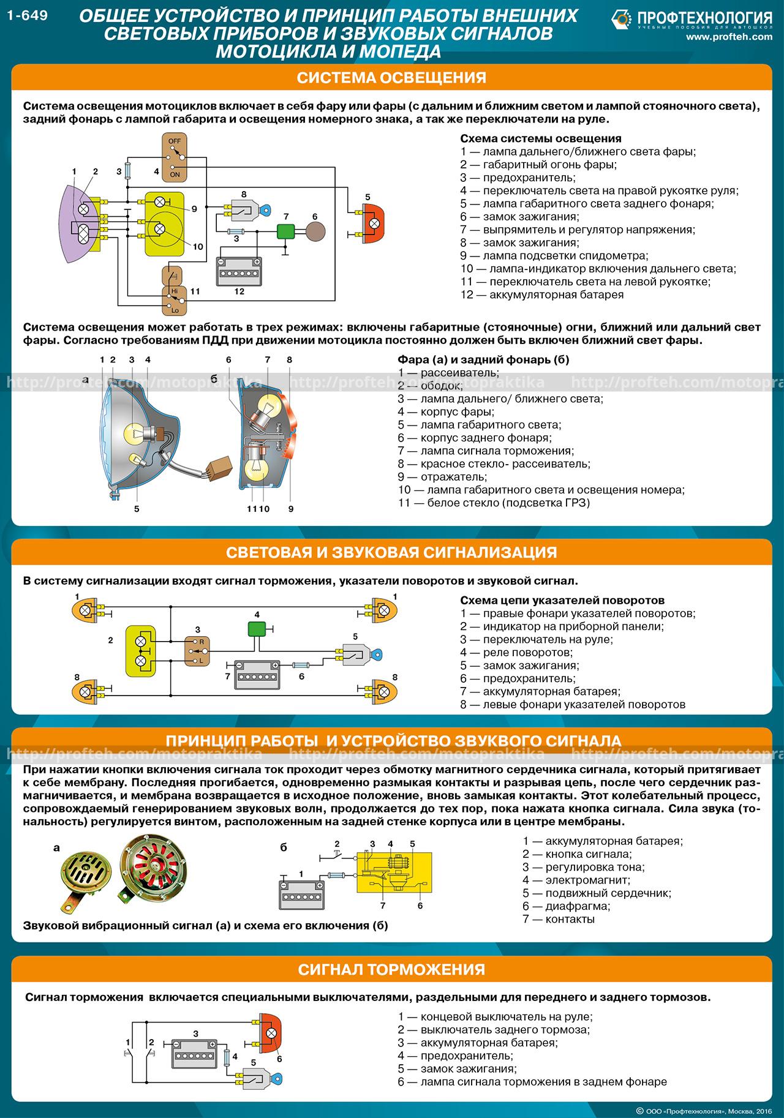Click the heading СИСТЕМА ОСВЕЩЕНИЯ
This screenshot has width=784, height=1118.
[391, 78]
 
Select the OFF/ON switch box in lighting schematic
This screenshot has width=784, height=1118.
[174, 157]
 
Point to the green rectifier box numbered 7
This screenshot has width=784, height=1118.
[285, 231]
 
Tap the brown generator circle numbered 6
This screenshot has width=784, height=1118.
[315, 232]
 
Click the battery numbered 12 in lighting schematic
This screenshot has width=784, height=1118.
[239, 270]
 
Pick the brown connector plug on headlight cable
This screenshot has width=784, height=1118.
[219, 467]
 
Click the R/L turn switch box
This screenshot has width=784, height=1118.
[197, 651]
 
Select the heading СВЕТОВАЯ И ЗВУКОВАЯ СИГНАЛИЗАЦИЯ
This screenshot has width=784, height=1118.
[391, 552]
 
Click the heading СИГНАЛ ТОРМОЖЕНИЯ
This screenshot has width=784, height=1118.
[391, 970]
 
